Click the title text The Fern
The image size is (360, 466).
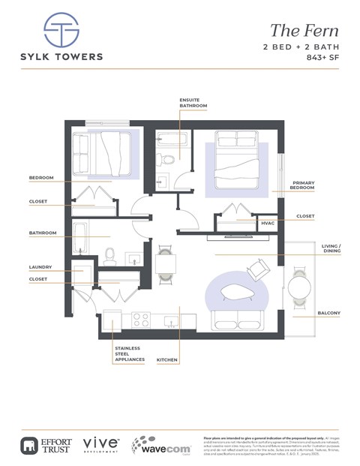pyautogui.click(x=304, y=31)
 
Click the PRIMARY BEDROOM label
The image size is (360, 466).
pyautogui.click(x=303, y=185)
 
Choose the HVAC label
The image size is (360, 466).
pyautogui.click(x=267, y=223)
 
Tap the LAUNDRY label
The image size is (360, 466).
pyautogui.click(x=40, y=266)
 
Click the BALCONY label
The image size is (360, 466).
pyautogui.click(x=328, y=312)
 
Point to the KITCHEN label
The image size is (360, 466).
pyautogui.click(x=166, y=361)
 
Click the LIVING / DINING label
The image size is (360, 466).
pyautogui.click(x=331, y=249)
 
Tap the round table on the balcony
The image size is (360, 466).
pyautogui.click(x=299, y=287)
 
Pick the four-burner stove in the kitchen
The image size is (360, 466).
pyautogui.click(x=141, y=318)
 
